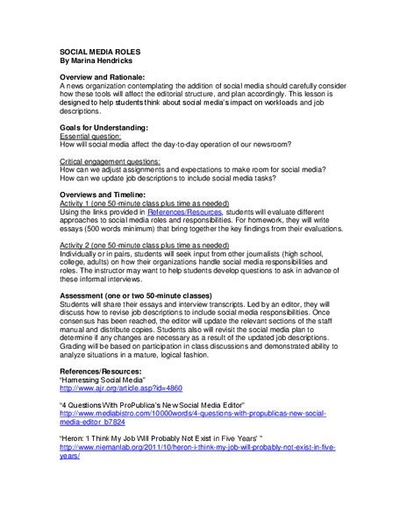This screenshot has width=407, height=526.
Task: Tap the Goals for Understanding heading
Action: pos(109,128)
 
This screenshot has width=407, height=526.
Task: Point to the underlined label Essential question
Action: pos(91,137)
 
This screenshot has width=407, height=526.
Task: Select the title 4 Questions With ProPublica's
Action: pos(163,403)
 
